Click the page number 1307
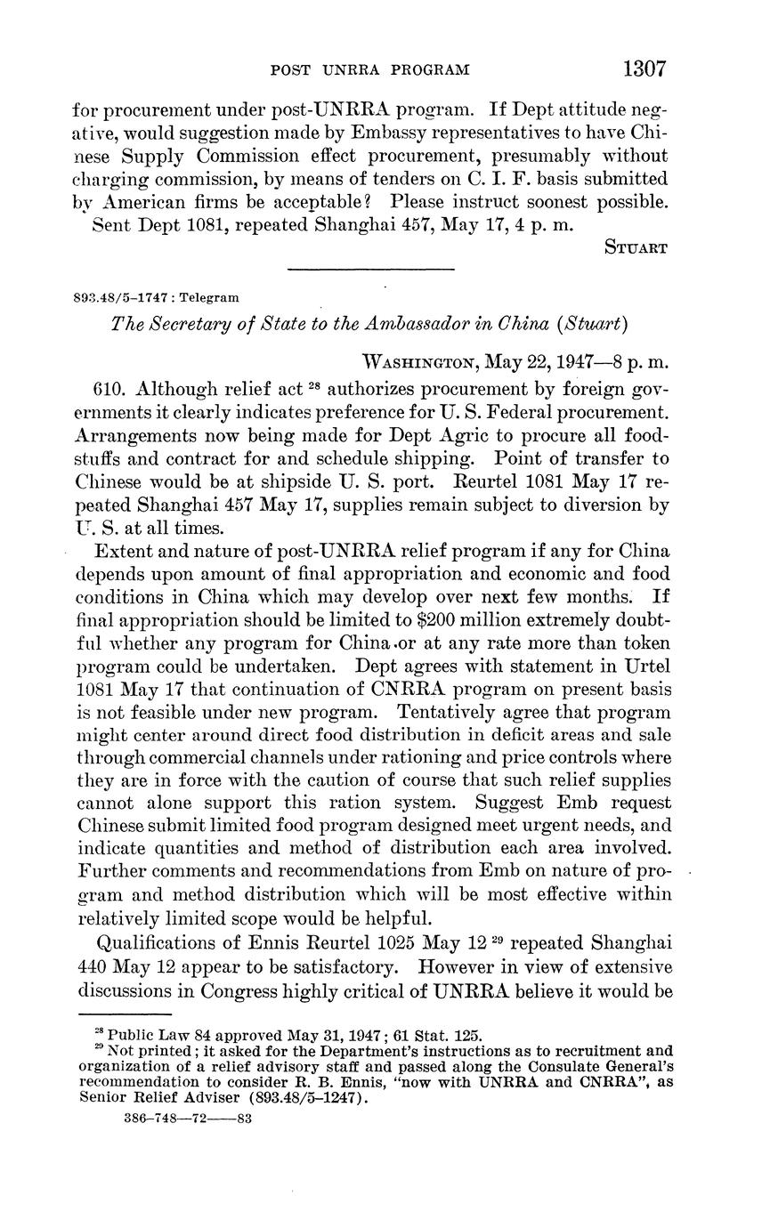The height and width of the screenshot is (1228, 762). pyautogui.click(x=644, y=69)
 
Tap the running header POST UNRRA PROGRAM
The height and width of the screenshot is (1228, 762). pyautogui.click(x=369, y=69)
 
